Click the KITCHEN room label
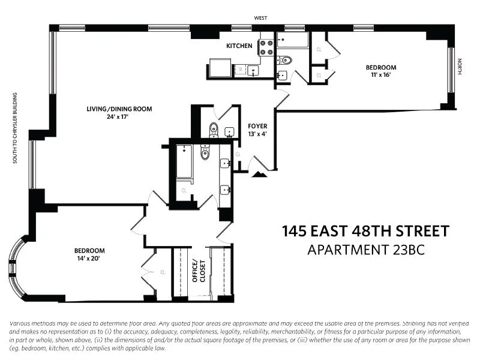(239, 46)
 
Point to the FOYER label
(257, 126)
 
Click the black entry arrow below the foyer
(259, 174)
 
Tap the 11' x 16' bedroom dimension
(381, 75)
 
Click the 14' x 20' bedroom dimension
(89, 259)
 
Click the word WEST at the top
(260, 19)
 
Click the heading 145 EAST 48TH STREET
(365, 231)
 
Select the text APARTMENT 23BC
(365, 250)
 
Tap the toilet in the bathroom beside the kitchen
(285, 60)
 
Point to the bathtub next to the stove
(293, 40)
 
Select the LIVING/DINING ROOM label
(119, 109)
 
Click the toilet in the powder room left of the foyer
(213, 130)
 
